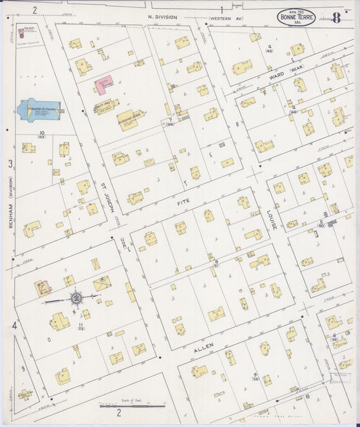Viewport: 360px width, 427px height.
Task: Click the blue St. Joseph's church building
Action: pyautogui.click(x=38, y=109)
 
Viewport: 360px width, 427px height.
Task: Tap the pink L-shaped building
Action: pyautogui.click(x=103, y=85)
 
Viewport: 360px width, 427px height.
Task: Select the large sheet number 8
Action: pyautogui.click(x=336, y=18)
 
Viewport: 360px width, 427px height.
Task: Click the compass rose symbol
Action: pyautogui.click(x=76, y=297)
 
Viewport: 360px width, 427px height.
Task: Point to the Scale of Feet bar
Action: pyautogui.click(x=132, y=405)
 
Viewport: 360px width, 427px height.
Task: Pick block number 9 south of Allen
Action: pyautogui.click(x=255, y=375)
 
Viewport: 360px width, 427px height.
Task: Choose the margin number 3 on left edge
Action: pyautogui.click(x=10, y=164)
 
